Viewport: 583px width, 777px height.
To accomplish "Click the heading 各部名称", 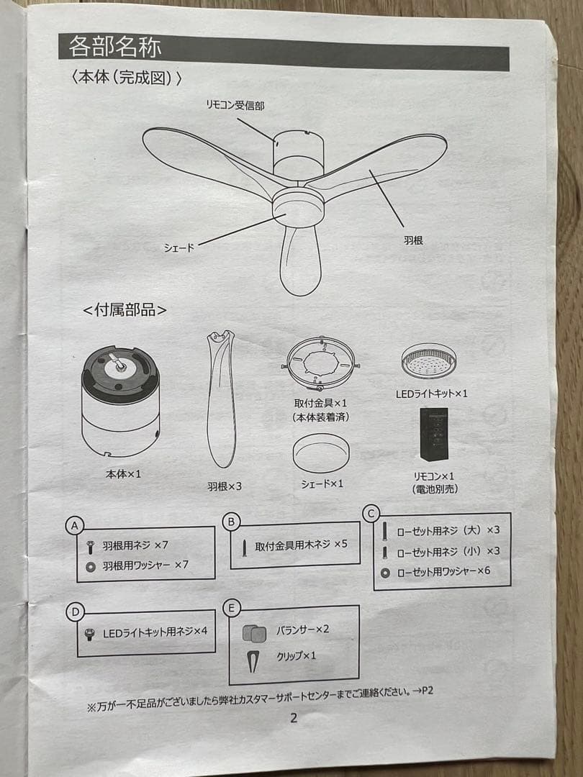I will click(x=115, y=47).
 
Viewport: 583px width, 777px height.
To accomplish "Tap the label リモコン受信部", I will click(x=235, y=105).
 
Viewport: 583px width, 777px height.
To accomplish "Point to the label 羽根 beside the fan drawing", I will click(x=413, y=240).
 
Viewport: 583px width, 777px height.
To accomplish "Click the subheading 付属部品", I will click(x=125, y=310).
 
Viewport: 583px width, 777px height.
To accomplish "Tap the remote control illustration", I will click(x=434, y=435).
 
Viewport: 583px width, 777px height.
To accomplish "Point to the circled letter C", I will click(x=371, y=513).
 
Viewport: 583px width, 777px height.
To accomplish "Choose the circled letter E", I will click(x=231, y=609).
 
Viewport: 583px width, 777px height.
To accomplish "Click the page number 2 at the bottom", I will click(x=293, y=717).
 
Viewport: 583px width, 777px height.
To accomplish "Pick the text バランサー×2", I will click(x=302, y=630).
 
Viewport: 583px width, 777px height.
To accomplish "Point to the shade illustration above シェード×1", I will click(x=321, y=453).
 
